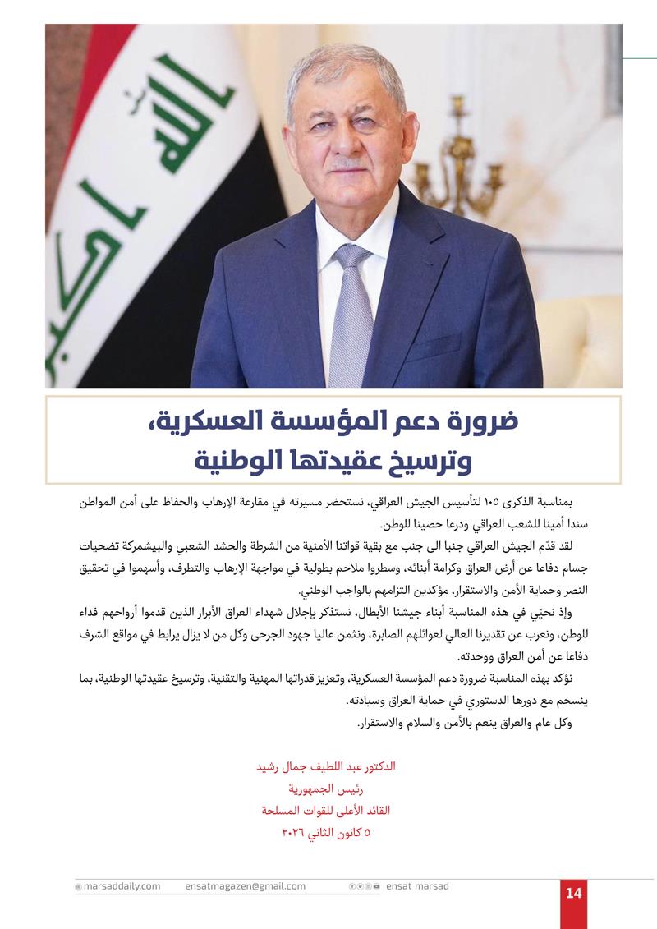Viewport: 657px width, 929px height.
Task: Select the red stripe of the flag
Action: [99, 49]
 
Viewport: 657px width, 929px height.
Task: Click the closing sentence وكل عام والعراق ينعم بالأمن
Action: [466, 724]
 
